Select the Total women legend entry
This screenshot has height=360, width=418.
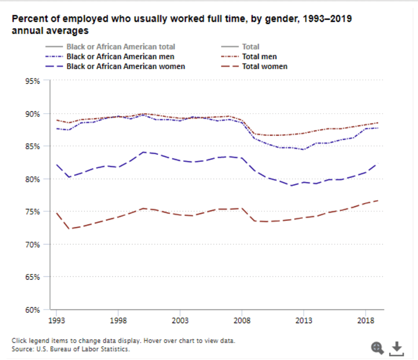[264, 66]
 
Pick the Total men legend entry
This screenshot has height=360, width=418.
[260, 57]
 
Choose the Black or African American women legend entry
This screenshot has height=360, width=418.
[125, 66]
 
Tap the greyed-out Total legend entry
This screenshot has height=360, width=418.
[250, 47]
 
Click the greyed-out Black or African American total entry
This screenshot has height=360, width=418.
[121, 47]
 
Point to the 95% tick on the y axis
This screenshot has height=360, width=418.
[34, 81]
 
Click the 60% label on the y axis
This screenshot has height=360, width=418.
[34, 310]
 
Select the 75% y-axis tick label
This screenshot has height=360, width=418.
[34, 212]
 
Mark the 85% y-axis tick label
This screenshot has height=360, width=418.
[34, 146]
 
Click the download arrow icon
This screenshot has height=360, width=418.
[396, 347]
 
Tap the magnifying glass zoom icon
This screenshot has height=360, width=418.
[377, 347]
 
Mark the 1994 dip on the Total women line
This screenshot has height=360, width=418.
[69, 229]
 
